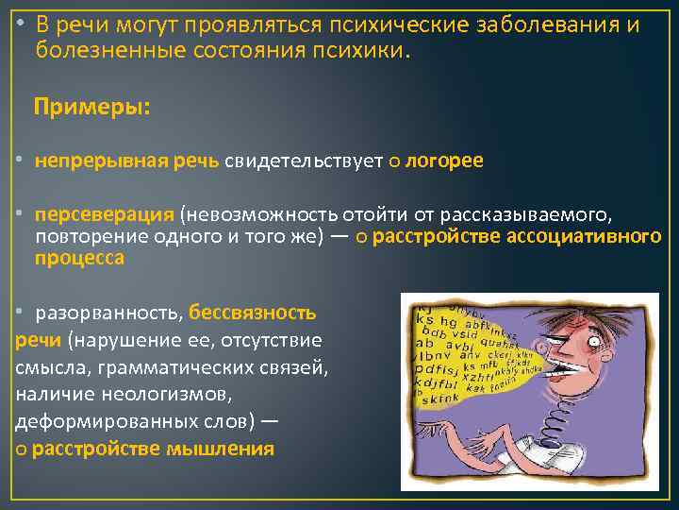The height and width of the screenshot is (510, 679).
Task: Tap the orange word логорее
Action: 443,161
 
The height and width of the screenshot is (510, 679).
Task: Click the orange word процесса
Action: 79,258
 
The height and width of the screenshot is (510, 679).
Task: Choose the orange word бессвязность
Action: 253,313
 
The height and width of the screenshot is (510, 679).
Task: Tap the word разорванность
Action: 108,313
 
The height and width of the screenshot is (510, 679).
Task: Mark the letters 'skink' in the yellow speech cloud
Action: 437,399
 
